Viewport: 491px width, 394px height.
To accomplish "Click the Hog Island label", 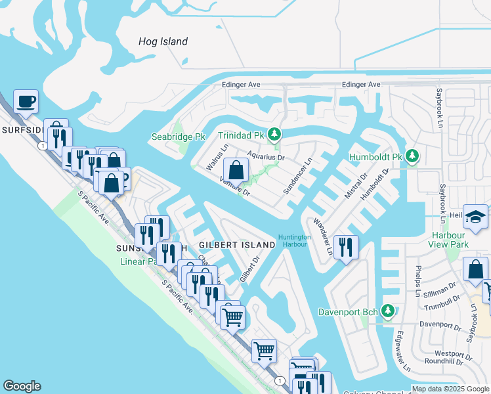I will click(x=163, y=41).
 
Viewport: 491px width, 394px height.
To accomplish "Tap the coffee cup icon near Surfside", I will click(x=26, y=102).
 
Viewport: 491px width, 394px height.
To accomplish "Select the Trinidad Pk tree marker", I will click(x=275, y=135).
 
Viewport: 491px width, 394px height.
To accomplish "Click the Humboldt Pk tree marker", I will click(x=412, y=156).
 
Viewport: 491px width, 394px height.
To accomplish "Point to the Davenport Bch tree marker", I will click(x=388, y=310).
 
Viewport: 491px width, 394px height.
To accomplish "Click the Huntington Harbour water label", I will click(x=293, y=240).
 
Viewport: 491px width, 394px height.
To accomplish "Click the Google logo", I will click(x=22, y=386).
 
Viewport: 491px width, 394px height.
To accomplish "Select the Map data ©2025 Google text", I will click(x=450, y=389).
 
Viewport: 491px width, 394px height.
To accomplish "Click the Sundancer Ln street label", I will click(x=297, y=176).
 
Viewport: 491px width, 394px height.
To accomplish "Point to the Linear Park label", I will click(x=142, y=261).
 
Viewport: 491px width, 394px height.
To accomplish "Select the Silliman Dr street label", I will click(x=440, y=289).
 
